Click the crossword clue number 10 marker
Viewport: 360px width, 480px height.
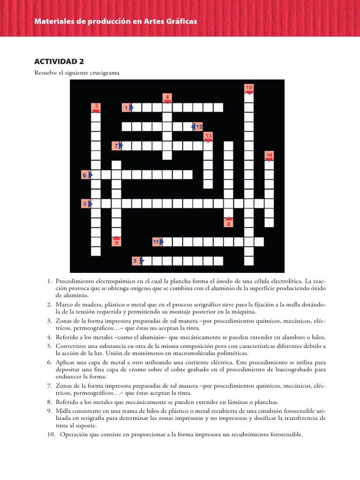click(249, 88)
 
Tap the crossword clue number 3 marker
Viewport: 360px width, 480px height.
click(96, 106)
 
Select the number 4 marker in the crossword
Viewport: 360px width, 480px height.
click(167, 97)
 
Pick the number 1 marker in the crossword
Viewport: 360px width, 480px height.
click(126, 108)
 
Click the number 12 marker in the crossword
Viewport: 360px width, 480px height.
click(198, 127)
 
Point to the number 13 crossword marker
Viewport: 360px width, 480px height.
click(208, 136)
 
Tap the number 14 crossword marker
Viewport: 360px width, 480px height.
click(269, 156)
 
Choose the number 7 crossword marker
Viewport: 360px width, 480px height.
click(116, 146)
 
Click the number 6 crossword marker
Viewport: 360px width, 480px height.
click(86, 175)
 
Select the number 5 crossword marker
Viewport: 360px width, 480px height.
click(86, 204)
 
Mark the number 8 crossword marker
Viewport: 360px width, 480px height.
click(229, 223)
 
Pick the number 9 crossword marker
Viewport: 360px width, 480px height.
click(116, 242)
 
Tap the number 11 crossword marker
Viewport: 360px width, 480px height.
click(157, 242)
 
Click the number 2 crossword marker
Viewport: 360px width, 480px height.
click(136, 261)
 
